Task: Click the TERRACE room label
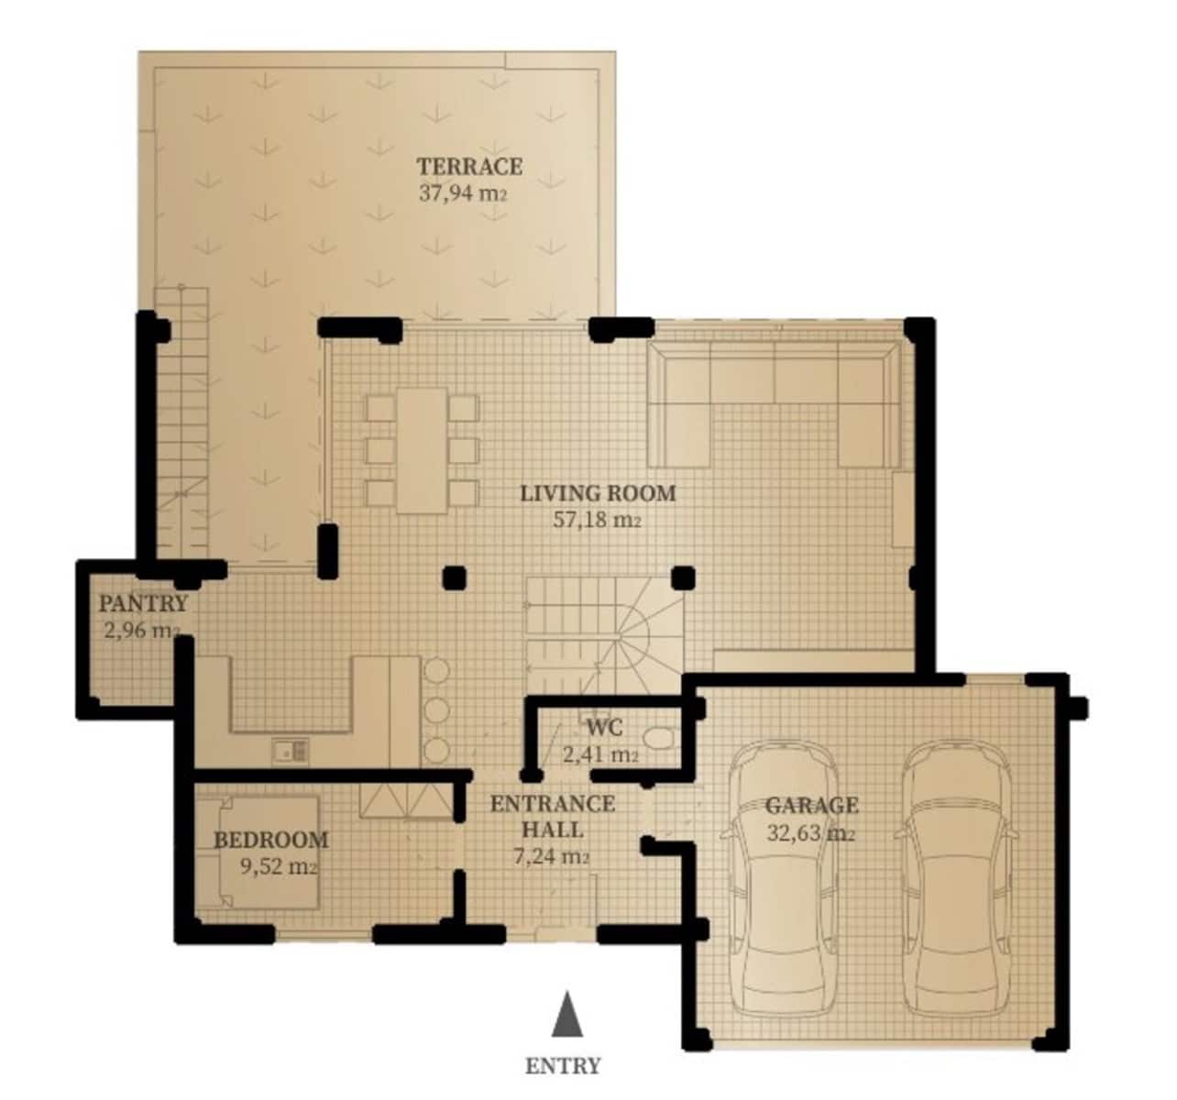click(469, 167)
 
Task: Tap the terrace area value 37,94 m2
click(463, 193)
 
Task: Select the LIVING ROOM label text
click(598, 493)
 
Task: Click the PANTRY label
click(143, 604)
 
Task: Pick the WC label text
click(605, 729)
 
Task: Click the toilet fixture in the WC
click(658, 738)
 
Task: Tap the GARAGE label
click(812, 806)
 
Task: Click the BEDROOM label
click(270, 840)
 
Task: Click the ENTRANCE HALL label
click(552, 816)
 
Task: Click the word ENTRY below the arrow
click(563, 1066)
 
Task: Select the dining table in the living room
click(422, 450)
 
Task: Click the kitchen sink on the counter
click(291, 751)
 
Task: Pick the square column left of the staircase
click(454, 577)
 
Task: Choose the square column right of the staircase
click(683, 577)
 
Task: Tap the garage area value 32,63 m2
click(810, 833)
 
